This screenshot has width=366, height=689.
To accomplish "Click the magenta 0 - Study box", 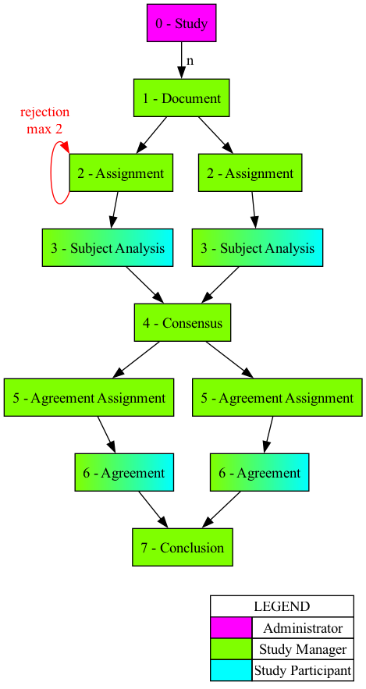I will [181, 23].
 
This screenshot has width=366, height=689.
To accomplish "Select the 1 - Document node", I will [181, 98].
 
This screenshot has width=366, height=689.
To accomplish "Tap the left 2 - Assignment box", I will [120, 173].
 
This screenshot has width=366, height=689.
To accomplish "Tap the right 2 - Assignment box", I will [250, 173].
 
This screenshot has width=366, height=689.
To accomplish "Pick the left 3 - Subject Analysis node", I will [108, 248].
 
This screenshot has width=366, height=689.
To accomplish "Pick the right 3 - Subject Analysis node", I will [257, 248].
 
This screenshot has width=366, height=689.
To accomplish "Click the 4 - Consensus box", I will [182, 323].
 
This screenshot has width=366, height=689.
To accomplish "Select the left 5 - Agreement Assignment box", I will [89, 398].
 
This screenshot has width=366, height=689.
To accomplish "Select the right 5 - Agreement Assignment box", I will [277, 398].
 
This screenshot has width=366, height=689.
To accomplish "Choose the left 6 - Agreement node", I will [123, 473].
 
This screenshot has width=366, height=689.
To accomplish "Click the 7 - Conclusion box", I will [182, 548].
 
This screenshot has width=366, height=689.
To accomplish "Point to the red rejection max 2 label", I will [44, 120].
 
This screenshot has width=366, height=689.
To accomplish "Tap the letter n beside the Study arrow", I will [190, 60].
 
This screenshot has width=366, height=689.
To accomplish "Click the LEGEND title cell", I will [282, 606].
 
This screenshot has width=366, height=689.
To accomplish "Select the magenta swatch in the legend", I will [231, 628].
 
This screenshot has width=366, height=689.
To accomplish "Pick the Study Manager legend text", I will [303, 648].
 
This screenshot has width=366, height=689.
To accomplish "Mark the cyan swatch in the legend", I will [231, 669].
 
